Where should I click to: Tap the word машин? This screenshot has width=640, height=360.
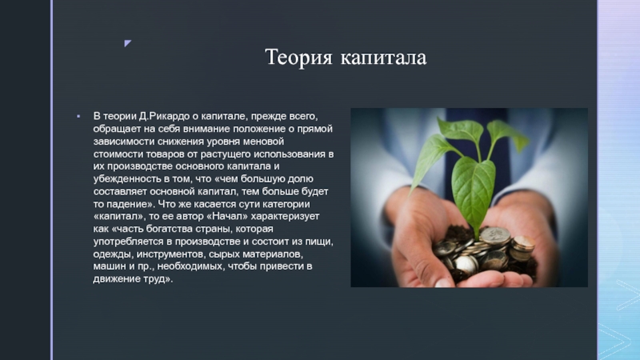point(110,268)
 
